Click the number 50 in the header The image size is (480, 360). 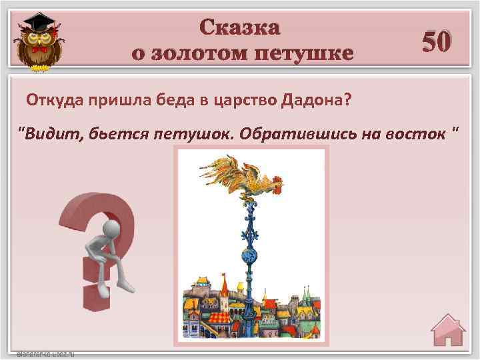[x=437, y=42]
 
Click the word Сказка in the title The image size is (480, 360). [x=240, y=27]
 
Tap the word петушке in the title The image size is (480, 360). [x=307, y=53]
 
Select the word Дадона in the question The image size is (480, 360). [x=316, y=101]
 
